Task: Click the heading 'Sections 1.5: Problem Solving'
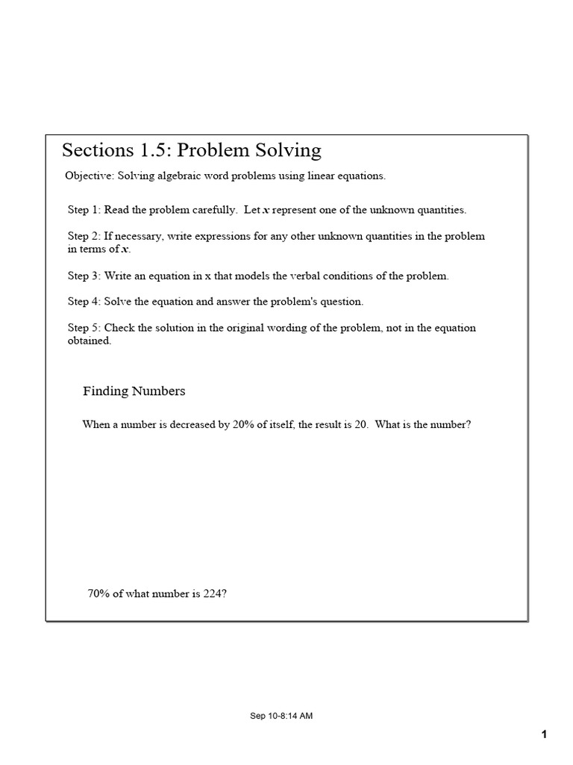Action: click(x=192, y=150)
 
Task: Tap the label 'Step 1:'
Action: click(x=84, y=211)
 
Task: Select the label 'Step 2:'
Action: click(x=84, y=236)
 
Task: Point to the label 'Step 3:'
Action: click(x=84, y=276)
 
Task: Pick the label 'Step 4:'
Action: click(x=84, y=302)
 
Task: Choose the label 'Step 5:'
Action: click(x=84, y=328)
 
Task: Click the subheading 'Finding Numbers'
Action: click(x=134, y=391)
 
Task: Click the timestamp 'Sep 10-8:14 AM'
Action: click(x=281, y=716)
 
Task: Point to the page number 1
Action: click(x=545, y=735)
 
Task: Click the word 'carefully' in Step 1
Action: click(x=210, y=211)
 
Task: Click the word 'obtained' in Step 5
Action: click(x=89, y=341)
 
